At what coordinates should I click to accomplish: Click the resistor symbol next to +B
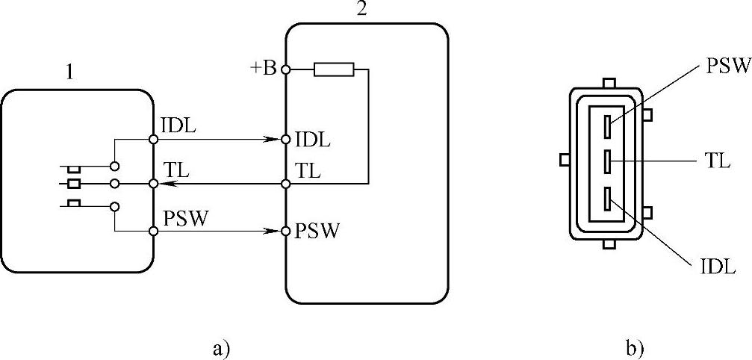333,70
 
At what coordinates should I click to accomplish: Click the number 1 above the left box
69,73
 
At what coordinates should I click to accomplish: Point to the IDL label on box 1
178,125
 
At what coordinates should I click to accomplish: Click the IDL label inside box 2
313,139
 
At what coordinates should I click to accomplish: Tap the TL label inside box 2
308,171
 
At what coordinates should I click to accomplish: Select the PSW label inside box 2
317,230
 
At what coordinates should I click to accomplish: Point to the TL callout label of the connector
718,160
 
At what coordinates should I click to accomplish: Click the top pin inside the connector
609,125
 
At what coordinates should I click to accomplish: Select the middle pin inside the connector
609,159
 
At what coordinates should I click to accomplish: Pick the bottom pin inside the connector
609,196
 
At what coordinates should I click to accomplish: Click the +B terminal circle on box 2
285,70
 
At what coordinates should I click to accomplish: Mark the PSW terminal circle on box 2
285,231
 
